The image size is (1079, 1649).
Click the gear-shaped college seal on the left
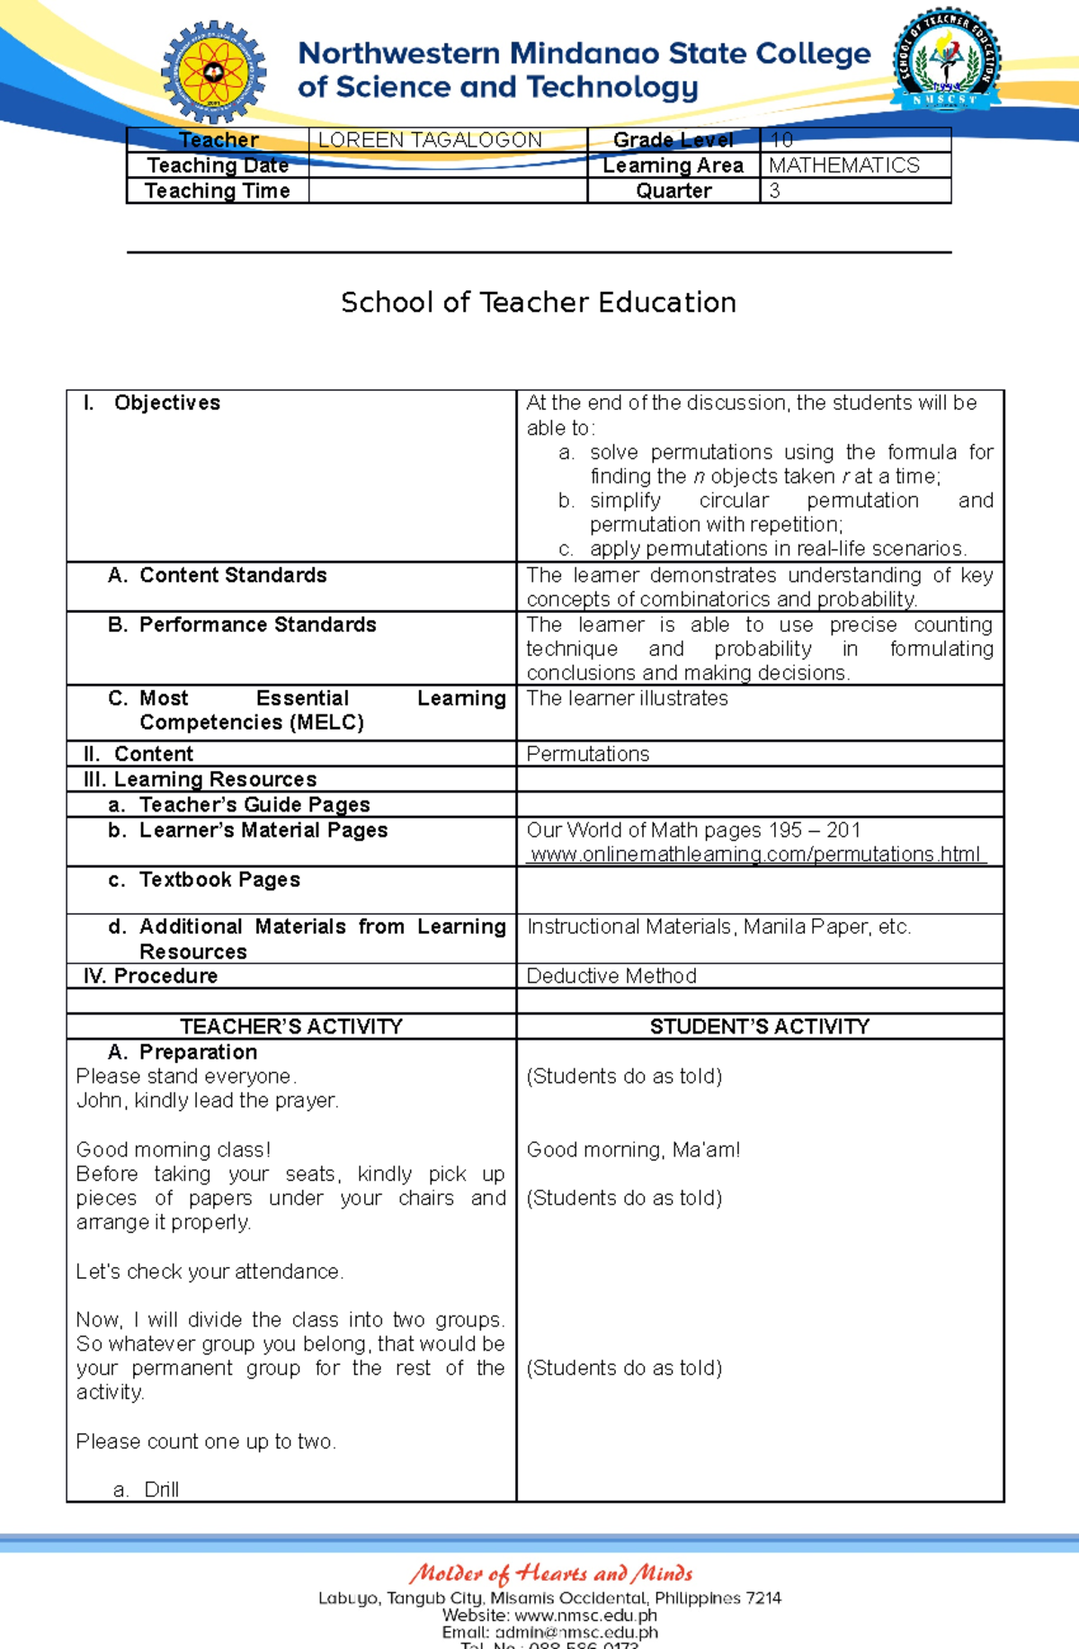(x=214, y=72)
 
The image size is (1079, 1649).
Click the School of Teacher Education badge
(x=946, y=61)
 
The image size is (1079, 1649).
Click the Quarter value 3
(x=774, y=191)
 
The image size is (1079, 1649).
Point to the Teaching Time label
(x=218, y=191)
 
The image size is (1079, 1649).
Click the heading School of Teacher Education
(x=539, y=302)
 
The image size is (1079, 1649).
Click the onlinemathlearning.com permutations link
(x=755, y=854)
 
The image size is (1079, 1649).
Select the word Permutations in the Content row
(x=587, y=754)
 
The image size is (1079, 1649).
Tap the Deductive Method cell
(x=611, y=976)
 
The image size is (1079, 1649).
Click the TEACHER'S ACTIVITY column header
(x=291, y=1026)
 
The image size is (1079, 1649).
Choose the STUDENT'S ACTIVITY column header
(x=760, y=1026)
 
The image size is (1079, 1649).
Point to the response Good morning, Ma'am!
(x=633, y=1149)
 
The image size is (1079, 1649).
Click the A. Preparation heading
(x=183, y=1051)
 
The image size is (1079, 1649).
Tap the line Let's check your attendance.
(x=210, y=1272)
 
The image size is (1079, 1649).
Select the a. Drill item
(x=148, y=1489)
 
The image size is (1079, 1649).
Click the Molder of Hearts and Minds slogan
(x=550, y=1574)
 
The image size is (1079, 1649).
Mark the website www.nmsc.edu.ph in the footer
(x=585, y=1615)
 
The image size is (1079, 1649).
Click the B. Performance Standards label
(x=243, y=625)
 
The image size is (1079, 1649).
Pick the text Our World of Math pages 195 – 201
(x=693, y=830)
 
